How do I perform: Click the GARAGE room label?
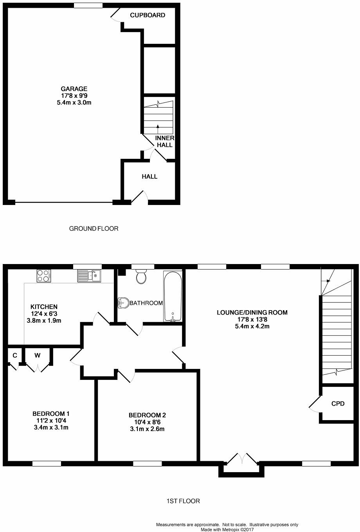[x=74, y=89]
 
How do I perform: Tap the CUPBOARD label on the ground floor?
[x=148, y=15]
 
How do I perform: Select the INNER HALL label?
[x=164, y=142]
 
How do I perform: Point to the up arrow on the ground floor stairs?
[x=158, y=126]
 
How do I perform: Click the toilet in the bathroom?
[x=141, y=276]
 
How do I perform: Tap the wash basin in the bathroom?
[x=123, y=302]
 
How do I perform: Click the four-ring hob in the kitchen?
[x=43, y=276]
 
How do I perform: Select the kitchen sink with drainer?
[x=89, y=276]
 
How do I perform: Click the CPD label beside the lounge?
[x=338, y=403]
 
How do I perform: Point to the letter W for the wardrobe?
[x=38, y=355]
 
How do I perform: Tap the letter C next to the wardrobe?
[x=15, y=355]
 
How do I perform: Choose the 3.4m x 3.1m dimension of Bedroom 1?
[x=51, y=427]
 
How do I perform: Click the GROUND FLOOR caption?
[x=94, y=228]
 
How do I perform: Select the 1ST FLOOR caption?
[x=183, y=501]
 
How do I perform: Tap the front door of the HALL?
[x=140, y=198]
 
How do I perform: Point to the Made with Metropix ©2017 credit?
[x=227, y=530]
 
